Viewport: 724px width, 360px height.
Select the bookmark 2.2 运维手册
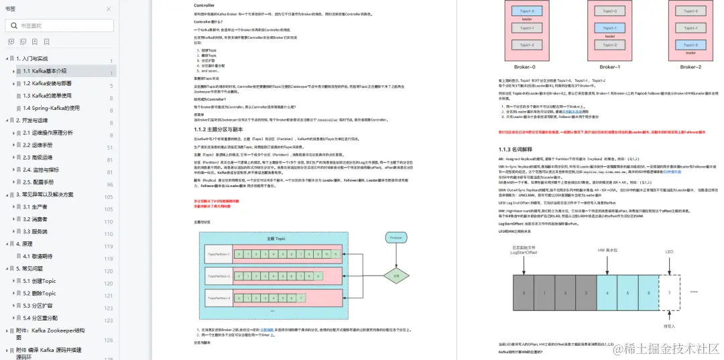(x=40, y=145)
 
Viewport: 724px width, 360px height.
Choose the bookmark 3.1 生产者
(x=35, y=207)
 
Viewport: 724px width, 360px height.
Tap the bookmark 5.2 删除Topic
(x=40, y=294)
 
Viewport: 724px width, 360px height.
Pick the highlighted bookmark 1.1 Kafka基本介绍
(x=45, y=70)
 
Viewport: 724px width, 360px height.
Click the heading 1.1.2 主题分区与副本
(x=217, y=129)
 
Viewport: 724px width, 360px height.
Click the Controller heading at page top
(x=204, y=5)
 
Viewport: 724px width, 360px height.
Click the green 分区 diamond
(x=396, y=275)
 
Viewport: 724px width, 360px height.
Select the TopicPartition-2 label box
(x=219, y=276)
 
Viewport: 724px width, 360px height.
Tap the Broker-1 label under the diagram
(x=609, y=67)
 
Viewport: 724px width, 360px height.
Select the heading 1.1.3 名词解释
(x=514, y=149)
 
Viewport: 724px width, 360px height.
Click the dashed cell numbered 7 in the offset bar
(x=668, y=294)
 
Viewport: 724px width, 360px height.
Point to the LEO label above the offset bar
(x=668, y=251)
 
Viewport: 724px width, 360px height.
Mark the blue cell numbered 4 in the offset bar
(x=607, y=294)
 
